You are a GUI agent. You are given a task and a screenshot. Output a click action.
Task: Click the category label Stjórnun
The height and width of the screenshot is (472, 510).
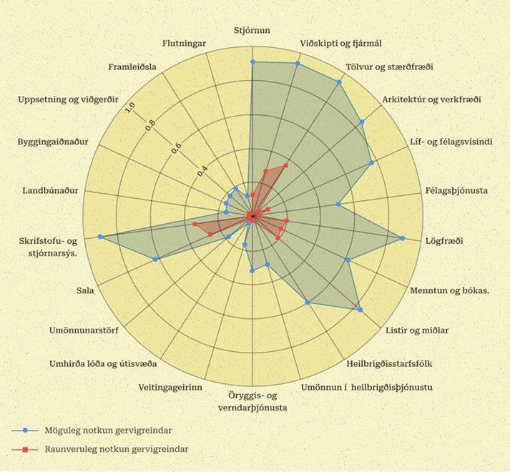(x=252, y=30)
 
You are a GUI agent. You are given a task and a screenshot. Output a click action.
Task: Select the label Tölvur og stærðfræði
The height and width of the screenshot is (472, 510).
(x=388, y=69)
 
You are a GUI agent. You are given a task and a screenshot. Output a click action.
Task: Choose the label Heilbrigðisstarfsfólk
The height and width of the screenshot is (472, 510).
(x=395, y=363)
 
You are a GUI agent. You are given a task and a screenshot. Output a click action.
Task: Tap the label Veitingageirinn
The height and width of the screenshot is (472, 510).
(x=170, y=387)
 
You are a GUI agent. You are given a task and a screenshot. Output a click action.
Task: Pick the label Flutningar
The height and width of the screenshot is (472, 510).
(x=185, y=44)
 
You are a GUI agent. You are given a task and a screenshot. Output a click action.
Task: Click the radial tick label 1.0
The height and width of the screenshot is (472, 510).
(x=129, y=107)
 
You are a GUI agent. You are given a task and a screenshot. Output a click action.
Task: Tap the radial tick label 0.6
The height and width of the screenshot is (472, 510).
(x=177, y=149)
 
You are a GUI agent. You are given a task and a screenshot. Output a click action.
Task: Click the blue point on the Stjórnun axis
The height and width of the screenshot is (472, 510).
(x=252, y=62)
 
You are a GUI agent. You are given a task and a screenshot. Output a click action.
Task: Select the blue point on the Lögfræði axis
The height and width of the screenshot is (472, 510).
(x=403, y=238)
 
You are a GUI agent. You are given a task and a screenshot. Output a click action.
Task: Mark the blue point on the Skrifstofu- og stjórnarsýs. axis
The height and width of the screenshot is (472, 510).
(x=100, y=236)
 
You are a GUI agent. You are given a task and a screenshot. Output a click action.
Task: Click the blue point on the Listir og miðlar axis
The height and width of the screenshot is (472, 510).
(x=359, y=310)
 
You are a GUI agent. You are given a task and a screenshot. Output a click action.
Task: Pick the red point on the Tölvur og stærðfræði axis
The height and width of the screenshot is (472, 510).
(x=285, y=165)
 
